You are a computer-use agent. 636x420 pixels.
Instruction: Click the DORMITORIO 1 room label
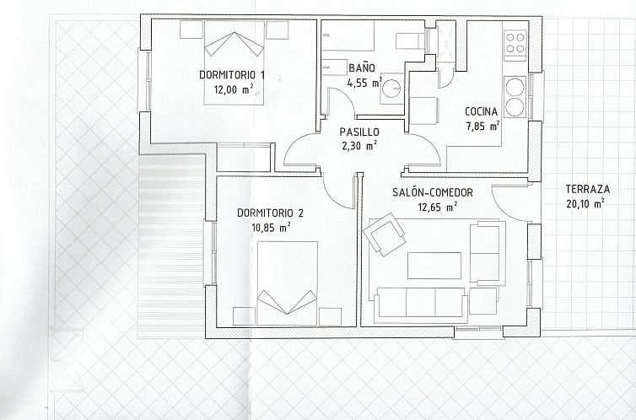(x=232, y=74)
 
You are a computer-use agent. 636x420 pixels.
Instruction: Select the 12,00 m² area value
(x=233, y=89)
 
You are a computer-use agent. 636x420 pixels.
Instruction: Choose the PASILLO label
(x=359, y=132)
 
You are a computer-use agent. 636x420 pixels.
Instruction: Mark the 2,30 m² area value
(x=359, y=145)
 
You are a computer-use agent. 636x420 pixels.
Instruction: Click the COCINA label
(x=481, y=111)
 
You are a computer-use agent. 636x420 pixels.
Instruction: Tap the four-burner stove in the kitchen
(x=514, y=43)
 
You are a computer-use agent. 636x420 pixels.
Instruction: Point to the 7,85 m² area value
(x=482, y=127)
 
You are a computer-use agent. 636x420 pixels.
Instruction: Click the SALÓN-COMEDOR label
(x=432, y=192)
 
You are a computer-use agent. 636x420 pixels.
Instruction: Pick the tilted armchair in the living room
(x=384, y=234)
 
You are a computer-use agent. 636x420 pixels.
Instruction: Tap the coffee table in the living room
(x=434, y=265)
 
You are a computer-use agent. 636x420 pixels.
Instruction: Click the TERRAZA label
(x=588, y=190)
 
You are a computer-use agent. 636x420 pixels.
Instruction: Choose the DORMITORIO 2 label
(x=270, y=212)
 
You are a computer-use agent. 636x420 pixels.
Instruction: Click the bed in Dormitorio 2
(x=288, y=283)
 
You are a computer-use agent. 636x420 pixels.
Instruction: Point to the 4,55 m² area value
(x=364, y=83)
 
